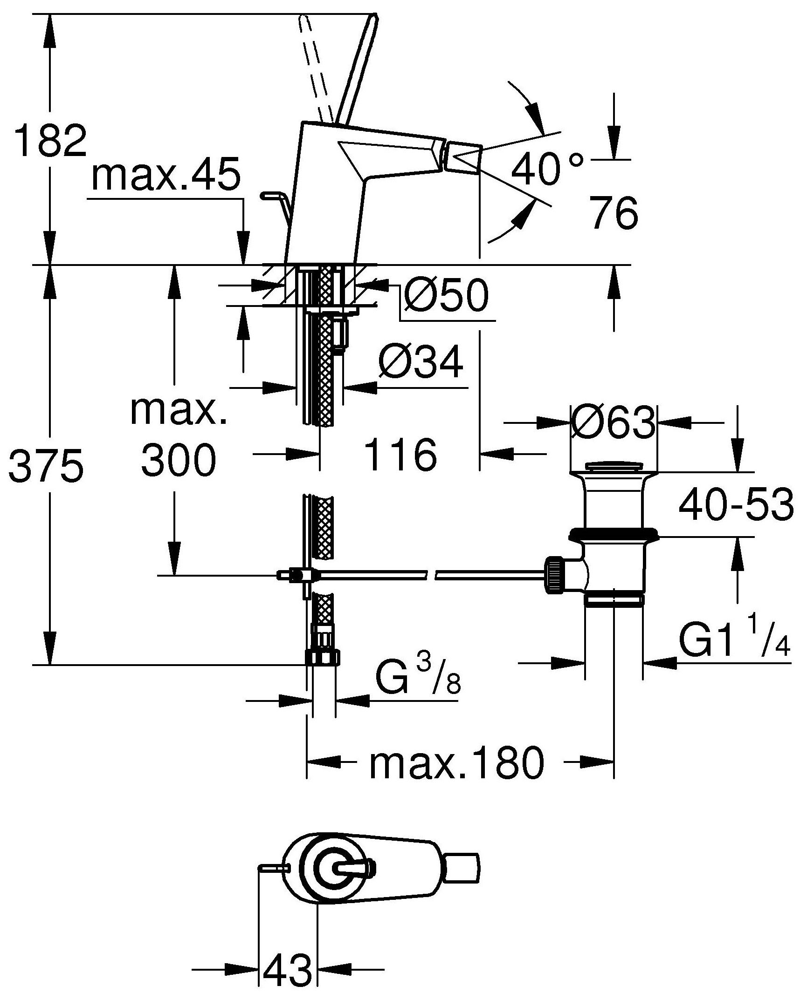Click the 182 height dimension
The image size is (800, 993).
point(50,139)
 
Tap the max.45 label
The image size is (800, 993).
point(166,175)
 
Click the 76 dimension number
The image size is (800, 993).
point(613,213)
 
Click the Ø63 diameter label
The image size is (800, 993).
point(613,422)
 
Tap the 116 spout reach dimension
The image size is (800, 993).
point(401,455)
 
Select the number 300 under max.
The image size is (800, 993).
point(179,461)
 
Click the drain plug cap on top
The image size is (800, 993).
point(613,467)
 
